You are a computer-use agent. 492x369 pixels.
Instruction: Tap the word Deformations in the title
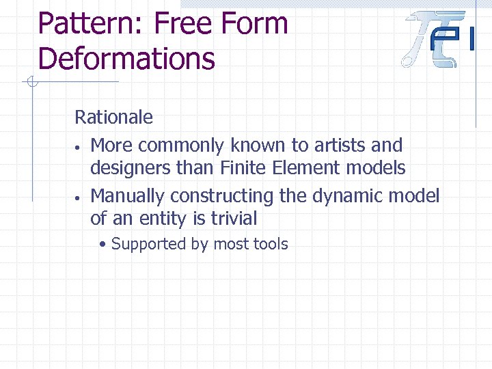(x=126, y=58)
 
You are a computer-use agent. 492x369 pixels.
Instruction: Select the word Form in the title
(x=256, y=24)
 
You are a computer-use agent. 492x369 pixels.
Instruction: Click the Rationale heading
(x=113, y=118)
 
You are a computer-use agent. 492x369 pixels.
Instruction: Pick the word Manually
(x=127, y=196)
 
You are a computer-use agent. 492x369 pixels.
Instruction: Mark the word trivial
(x=234, y=219)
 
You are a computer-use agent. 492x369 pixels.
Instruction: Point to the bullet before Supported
(x=102, y=244)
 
